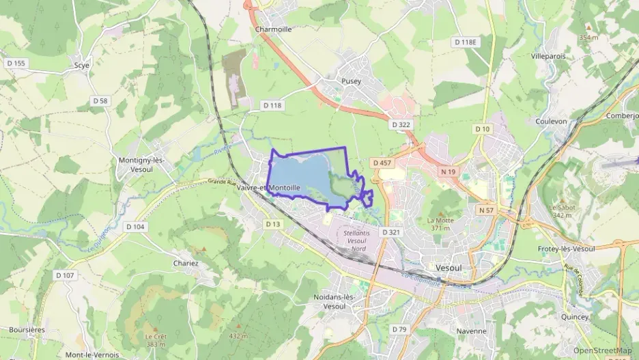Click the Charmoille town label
tap(273, 29)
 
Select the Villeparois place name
tap(548, 56)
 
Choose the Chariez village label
tap(186, 263)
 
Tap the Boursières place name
tap(27, 329)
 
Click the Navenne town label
tap(472, 331)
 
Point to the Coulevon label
tap(552, 121)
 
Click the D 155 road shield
tap(16, 64)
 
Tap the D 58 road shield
tap(100, 100)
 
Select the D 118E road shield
tap(466, 42)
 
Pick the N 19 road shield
tap(448, 171)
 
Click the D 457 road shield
tap(382, 163)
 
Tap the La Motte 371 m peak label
tap(440, 224)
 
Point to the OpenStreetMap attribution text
tap(603, 350)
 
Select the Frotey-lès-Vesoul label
tap(567, 249)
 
